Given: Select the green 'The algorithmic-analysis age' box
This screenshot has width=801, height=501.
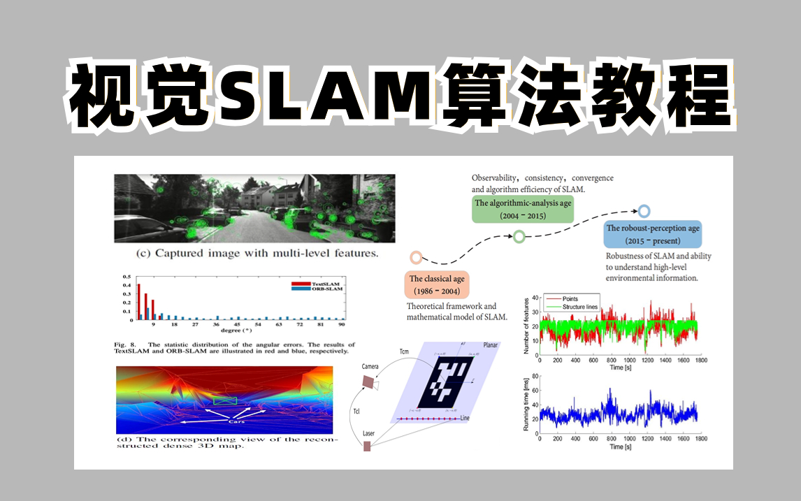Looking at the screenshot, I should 523,209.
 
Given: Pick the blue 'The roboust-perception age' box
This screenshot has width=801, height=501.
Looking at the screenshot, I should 653,234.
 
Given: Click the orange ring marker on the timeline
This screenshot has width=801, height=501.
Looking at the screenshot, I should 417,258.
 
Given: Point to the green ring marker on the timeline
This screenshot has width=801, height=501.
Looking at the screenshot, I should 519,237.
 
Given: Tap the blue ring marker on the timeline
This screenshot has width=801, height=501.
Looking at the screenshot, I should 644,210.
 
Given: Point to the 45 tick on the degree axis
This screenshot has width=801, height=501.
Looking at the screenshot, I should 238,325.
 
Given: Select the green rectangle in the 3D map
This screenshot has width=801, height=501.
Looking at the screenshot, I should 225,401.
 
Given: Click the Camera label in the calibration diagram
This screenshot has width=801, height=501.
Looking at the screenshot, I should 370,366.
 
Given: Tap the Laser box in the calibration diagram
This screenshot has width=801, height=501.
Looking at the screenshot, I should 367,446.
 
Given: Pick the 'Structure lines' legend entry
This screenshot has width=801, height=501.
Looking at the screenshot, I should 573,306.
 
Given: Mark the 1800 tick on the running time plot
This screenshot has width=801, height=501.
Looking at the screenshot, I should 700,439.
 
